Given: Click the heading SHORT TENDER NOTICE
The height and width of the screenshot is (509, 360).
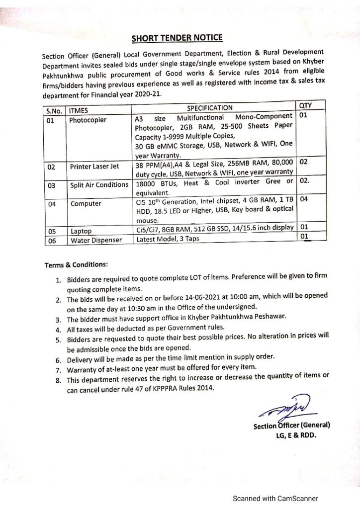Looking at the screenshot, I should point(177,37).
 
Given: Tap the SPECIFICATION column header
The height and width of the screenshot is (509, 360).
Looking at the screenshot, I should point(209,107).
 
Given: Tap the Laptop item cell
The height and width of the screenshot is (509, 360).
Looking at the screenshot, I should point(81,231).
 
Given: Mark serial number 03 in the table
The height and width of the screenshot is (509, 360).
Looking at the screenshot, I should point(51,185).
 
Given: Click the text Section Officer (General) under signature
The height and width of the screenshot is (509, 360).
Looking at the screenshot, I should point(292,426).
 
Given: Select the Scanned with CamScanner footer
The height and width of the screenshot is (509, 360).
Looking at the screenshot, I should point(276,499).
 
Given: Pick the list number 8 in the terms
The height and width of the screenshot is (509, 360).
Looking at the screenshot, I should point(58,381).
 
